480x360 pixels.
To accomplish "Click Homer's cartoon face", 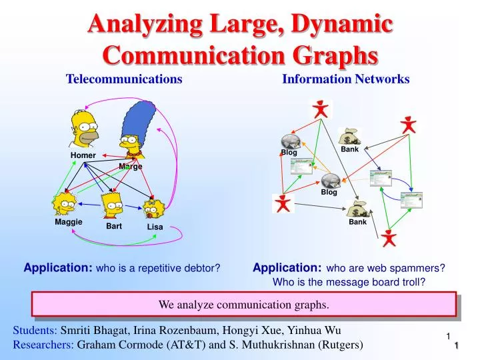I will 84,129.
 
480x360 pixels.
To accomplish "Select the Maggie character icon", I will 66,203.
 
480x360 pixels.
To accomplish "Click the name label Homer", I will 83,155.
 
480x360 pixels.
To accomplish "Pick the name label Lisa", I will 155,227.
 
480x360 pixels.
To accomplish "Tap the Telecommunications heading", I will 124,79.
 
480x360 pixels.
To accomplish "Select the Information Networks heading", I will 346,79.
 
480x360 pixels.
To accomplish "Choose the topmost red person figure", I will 322,109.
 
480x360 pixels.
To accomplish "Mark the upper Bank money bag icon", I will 349,137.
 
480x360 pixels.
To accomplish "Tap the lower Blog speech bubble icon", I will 330,181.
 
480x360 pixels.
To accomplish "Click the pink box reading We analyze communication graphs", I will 243,305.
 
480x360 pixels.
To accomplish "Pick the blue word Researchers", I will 43,345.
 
